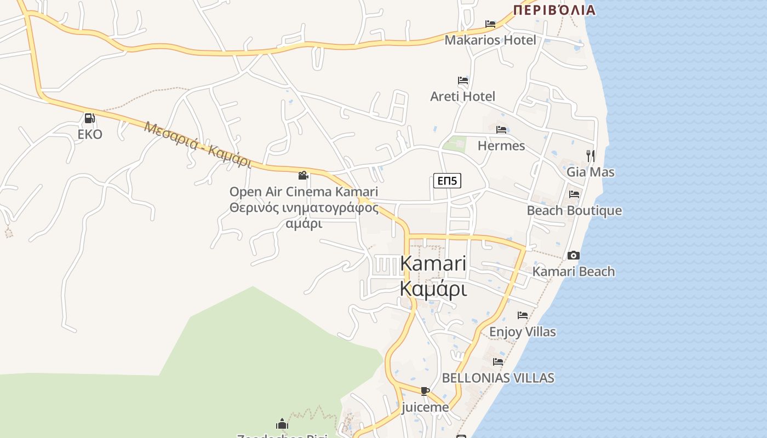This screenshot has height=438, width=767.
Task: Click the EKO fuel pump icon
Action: pos(89,118)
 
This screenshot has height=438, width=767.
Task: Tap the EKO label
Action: pos(90,134)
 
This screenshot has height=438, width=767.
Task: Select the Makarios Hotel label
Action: pos(490,40)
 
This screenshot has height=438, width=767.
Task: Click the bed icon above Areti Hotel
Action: pos(463,80)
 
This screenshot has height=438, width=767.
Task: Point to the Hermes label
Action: pos(501,146)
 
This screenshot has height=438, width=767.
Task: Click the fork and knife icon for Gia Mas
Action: pos(590,156)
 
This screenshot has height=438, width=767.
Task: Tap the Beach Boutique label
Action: pos(574,211)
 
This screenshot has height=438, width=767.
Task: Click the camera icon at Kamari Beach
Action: pos(574,255)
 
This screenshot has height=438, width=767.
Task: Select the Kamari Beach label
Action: pos(574,272)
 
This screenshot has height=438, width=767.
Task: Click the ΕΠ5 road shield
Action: pos(447,181)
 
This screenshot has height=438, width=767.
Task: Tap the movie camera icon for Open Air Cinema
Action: pos(303,175)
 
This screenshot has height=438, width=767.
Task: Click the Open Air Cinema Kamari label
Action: pos(304,192)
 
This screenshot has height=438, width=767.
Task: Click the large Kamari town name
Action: pos(433,263)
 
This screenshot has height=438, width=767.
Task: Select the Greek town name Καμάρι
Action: pos(433,289)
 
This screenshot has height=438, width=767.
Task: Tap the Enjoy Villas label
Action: pos(522,332)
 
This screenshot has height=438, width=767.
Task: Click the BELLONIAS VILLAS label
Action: pos(498,378)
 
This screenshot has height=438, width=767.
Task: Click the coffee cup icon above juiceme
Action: pos(425,391)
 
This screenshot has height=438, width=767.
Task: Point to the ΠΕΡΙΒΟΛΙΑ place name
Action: pos(554,10)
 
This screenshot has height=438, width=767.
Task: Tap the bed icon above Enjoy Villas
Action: pos(522,315)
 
